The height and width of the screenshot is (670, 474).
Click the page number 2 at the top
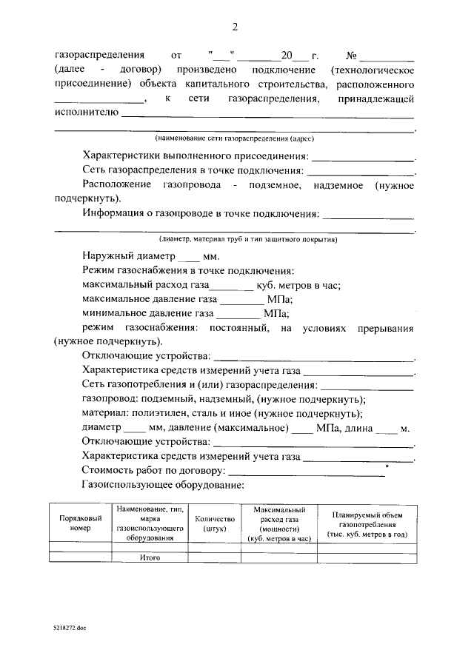coord(235,27)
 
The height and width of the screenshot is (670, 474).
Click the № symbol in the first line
coord(353,56)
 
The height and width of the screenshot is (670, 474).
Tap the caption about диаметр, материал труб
coord(248,240)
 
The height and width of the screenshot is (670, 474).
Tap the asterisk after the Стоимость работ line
coord(387,466)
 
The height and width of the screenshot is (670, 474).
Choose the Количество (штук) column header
coord(214,524)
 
